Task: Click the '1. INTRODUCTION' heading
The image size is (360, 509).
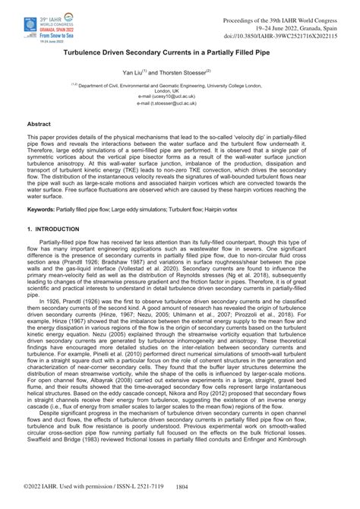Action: point(53,229)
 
